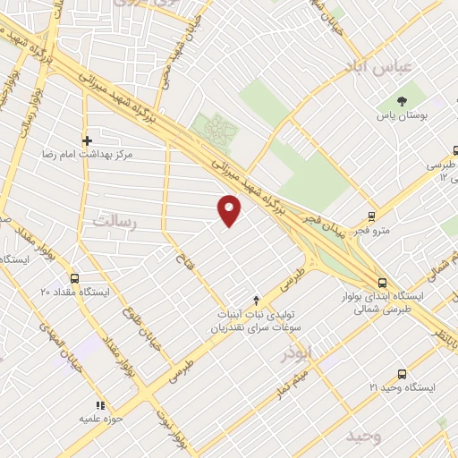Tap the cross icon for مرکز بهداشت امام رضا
coord(87,140)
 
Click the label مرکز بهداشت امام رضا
coord(87,155)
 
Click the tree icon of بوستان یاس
coord(402,100)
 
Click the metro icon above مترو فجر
coord(373,216)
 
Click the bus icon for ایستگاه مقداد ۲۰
coord(74,277)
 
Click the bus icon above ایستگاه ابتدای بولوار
coord(382,281)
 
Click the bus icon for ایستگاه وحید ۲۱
coord(401,373)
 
